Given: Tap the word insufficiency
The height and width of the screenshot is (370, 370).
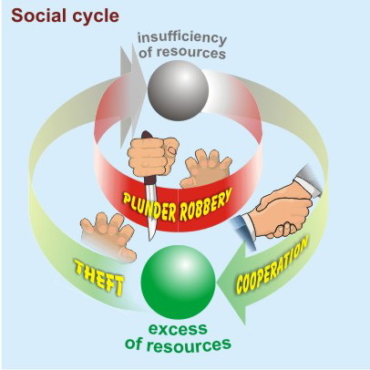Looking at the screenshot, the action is click(182, 39).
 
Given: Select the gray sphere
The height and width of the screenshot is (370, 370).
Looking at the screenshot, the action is click(179, 90).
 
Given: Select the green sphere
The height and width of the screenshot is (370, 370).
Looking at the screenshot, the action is click(179, 282).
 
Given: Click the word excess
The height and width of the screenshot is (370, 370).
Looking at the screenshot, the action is click(178, 329).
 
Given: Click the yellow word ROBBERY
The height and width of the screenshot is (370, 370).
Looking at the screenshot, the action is click(206, 204).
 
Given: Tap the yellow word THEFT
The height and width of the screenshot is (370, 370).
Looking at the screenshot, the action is click(99, 277).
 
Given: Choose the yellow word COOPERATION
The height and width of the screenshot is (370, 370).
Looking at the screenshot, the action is click(272, 264).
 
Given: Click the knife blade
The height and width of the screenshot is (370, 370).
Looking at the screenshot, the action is click(152, 209).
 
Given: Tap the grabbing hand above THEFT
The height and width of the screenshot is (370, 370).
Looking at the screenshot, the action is click(108, 235).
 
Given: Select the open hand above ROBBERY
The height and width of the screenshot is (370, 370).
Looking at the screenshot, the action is click(206, 169).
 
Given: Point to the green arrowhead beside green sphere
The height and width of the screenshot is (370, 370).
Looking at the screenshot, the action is click(232, 283).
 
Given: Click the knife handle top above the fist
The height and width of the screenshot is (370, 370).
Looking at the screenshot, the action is click(147, 135).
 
